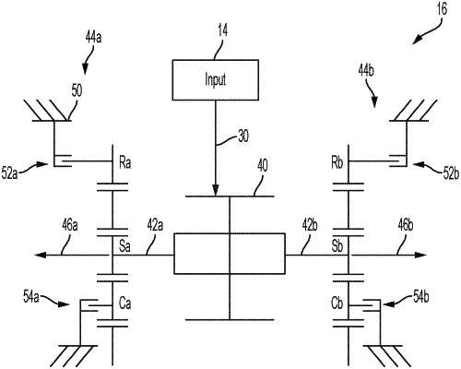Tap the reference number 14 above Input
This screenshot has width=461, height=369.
coord(222,31)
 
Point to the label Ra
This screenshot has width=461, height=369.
coord(125,162)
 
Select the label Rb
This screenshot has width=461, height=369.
coord(337,162)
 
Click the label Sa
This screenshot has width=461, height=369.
coord(124,246)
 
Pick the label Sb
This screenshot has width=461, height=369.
coord(337,246)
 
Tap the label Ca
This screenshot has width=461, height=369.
coord(125,304)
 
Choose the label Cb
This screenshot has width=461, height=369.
coord(337,304)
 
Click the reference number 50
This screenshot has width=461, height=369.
coord(77,90)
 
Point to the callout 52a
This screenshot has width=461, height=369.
coord(9,173)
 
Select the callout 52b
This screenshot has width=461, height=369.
coord(451,173)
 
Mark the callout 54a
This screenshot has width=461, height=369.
coord(31,297)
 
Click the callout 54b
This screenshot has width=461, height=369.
coord(420,297)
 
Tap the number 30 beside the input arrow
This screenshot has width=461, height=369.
coord(243,136)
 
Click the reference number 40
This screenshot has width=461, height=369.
coord(262,165)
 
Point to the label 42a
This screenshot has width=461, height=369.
coord(155,225)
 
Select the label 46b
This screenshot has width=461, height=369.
coord(406,225)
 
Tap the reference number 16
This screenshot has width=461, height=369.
coord(442,9)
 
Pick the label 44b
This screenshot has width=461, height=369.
coord(366,71)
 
